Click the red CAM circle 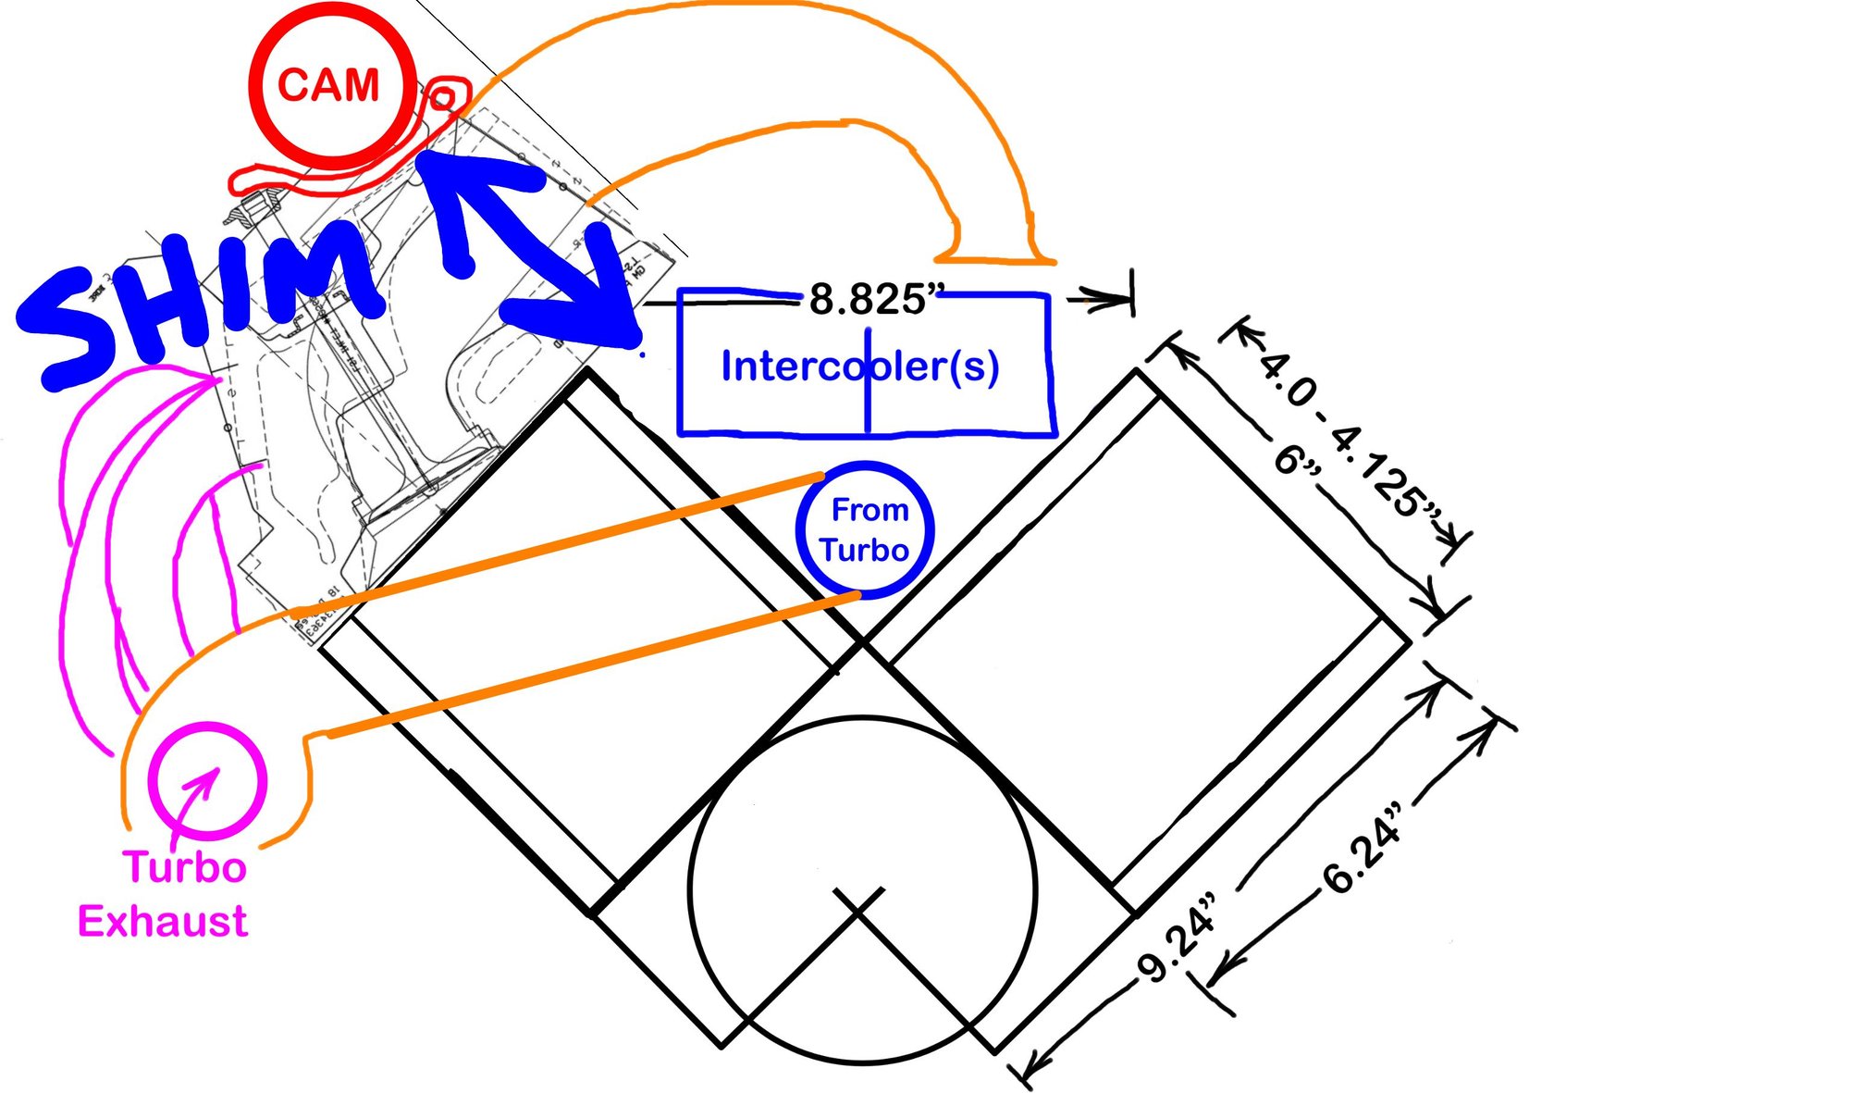point(329,86)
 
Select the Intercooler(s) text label point(859,366)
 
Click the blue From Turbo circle point(865,530)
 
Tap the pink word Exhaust point(163,922)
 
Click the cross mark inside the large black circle point(860,902)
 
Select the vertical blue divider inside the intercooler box point(868,389)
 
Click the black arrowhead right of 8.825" point(1105,299)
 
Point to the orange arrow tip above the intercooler point(994,258)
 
